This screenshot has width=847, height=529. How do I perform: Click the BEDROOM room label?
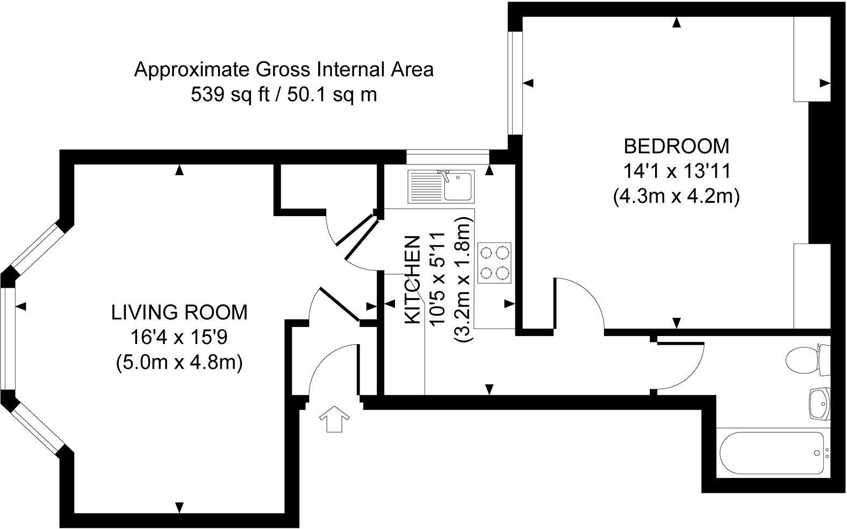coord(676,146)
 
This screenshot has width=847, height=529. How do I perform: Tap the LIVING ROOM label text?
coord(180,312)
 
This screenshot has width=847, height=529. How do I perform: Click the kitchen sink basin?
coord(457,186)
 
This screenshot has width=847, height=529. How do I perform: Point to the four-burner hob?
coord(494,263)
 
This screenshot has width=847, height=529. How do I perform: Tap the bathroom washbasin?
coord(819,404)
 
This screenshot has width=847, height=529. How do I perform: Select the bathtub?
coord(771,453)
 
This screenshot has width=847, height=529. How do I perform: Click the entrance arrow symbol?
coord(334,419)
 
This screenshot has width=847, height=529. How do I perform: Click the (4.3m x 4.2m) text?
coord(676,196)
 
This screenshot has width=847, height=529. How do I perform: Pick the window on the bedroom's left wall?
coord(515,83)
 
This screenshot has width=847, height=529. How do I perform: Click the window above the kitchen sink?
coord(448,157)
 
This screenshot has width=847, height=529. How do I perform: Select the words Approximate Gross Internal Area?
coord(283,70)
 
